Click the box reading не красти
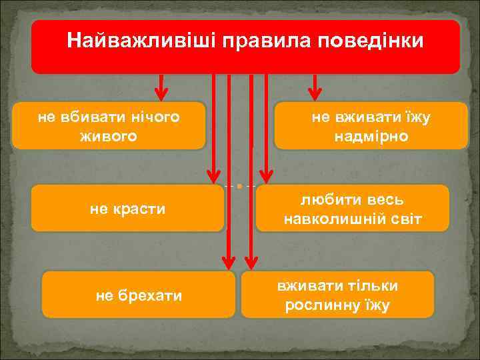pyautogui.click(x=127, y=209)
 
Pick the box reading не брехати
pyautogui.click(x=139, y=295)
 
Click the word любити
pyautogui.click(x=325, y=200)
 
